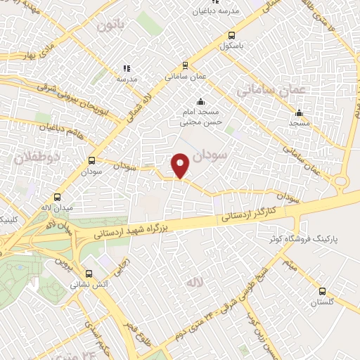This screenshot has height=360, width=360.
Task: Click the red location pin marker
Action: (181, 165)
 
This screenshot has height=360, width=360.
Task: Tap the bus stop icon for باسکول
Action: (232, 36)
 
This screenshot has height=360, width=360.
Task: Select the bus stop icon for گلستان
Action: (322, 291)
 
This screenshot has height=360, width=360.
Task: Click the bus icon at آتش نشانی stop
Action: (89, 274)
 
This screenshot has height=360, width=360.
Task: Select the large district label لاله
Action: (194, 282)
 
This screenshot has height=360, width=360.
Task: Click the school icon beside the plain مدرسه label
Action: (127, 68)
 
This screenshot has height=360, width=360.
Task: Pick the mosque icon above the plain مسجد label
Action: (299, 112)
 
